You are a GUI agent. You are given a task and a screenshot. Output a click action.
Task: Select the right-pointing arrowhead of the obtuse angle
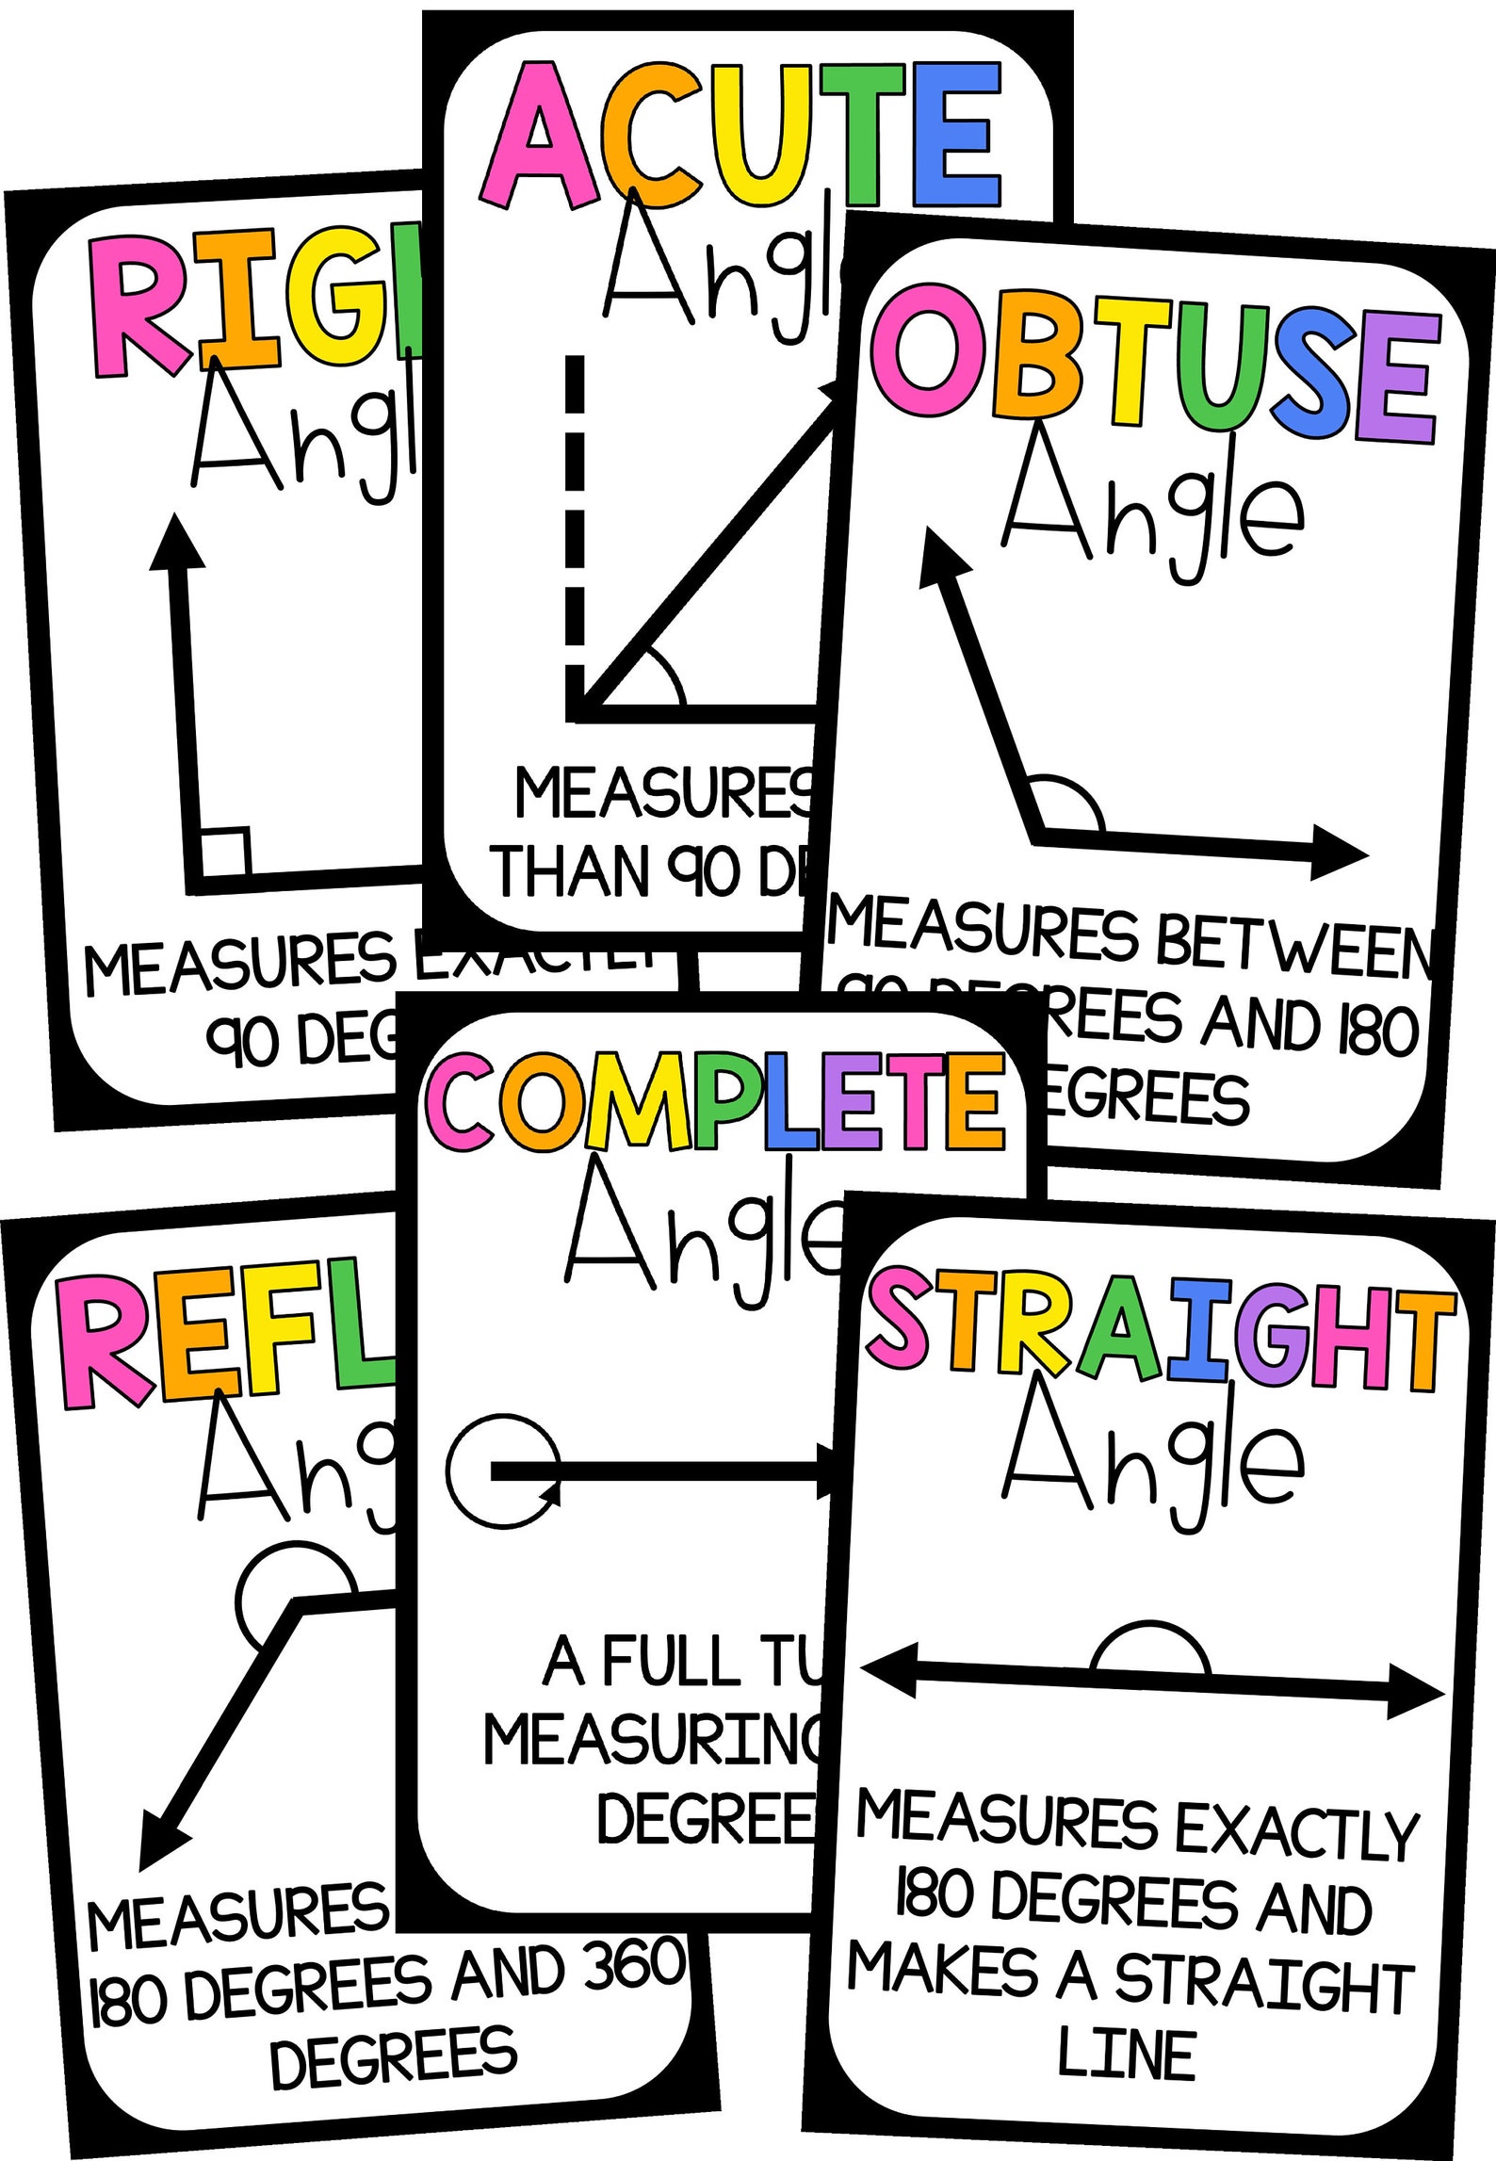point(1338,853)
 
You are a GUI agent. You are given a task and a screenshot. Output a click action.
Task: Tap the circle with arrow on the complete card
point(503,1470)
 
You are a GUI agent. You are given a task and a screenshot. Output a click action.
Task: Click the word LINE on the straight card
point(1127,2055)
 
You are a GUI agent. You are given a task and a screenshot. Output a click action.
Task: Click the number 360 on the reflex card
point(634,1965)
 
